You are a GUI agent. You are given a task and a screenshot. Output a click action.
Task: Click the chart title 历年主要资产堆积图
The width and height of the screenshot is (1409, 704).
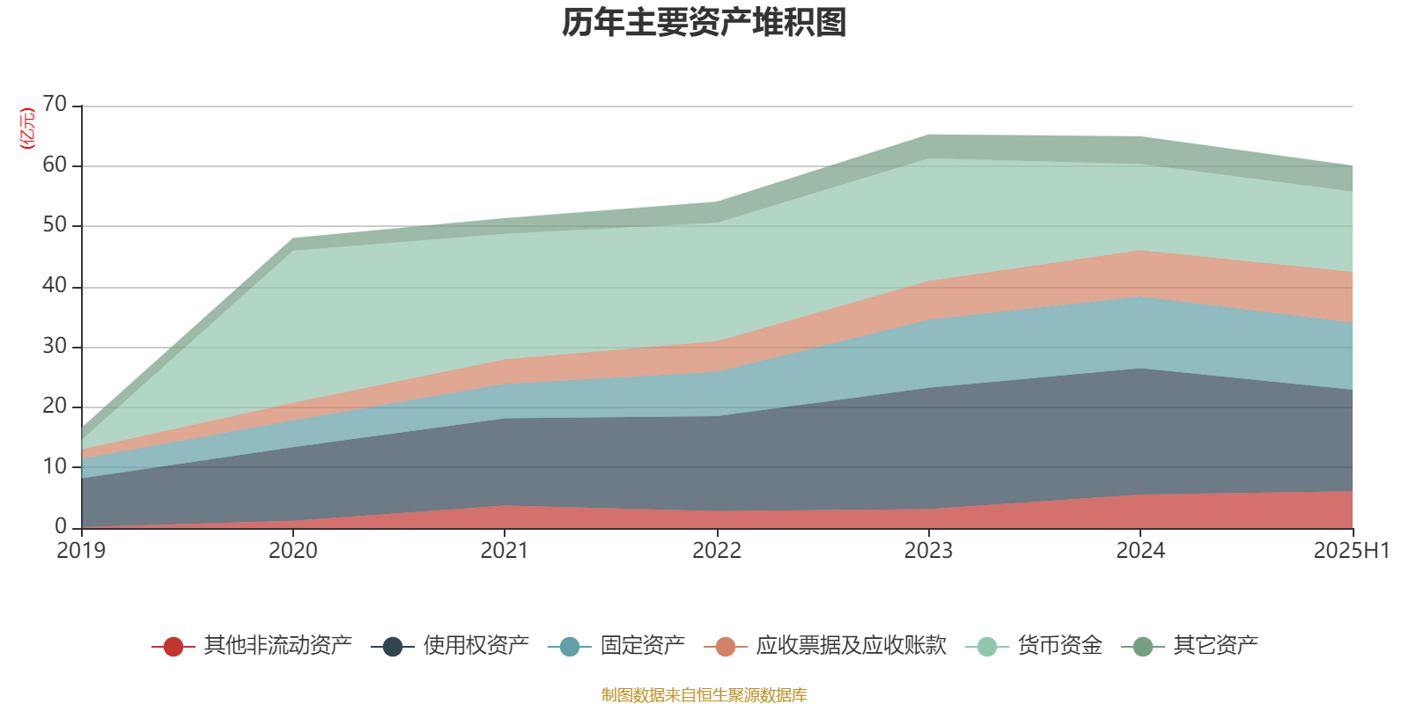704,23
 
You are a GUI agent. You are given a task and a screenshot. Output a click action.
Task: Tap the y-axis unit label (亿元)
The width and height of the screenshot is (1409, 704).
27,128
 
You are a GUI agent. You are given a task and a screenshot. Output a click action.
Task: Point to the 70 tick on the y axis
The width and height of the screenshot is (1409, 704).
55,105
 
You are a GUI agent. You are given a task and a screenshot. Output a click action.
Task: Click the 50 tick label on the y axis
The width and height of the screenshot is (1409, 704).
55,225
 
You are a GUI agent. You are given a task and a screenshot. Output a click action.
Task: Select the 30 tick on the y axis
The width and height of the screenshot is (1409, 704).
55,347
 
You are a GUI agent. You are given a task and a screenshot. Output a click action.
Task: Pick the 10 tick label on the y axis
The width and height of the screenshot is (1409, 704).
55,466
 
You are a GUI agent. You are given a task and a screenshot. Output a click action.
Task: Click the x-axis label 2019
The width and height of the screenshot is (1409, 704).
81,551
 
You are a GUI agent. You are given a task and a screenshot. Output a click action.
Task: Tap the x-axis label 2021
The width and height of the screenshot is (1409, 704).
505,551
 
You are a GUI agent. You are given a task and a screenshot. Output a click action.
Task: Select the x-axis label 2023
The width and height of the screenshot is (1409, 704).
928,551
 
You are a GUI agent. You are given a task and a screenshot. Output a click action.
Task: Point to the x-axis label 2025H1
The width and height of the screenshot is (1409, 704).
1351,551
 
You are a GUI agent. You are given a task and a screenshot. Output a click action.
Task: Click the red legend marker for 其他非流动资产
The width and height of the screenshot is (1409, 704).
173,647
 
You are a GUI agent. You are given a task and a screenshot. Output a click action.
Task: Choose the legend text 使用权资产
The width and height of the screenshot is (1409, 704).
476,646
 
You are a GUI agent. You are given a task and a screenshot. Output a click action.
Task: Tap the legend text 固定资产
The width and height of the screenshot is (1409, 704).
642,646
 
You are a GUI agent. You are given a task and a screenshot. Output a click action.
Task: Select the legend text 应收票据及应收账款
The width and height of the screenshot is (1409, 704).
851,646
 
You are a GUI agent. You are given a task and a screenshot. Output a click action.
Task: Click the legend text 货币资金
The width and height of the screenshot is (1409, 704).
1059,646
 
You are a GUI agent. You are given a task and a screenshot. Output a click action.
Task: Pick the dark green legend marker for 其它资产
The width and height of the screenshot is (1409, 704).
1143,647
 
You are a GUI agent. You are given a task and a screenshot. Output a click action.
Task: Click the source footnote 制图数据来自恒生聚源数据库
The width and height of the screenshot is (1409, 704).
704,695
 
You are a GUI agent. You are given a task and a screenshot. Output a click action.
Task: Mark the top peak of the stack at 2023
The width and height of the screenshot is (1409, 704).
928,135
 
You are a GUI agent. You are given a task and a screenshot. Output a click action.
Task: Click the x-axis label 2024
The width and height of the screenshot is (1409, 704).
1140,551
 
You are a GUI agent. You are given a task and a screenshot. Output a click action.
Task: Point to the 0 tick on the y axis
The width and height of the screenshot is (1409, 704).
61,526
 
